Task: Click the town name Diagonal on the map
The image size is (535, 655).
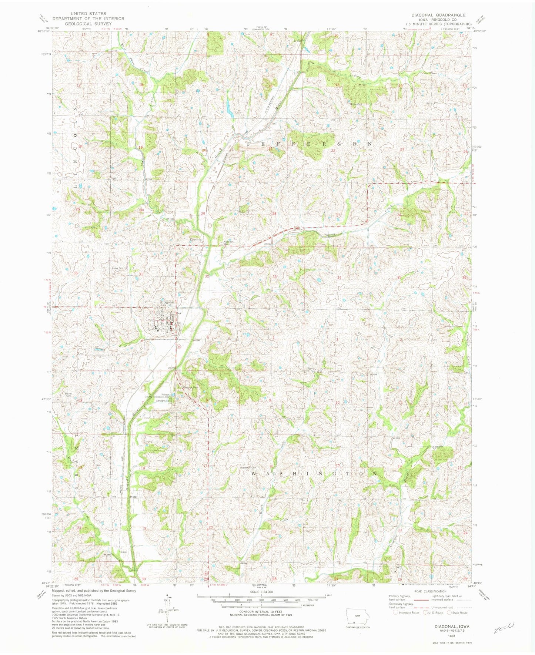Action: click(x=167, y=302)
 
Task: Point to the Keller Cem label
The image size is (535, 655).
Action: click(x=112, y=269)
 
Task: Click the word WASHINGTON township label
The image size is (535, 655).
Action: click(x=315, y=473)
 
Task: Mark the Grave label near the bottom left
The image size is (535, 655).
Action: click(x=124, y=552)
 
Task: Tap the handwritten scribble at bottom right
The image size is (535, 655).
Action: click(x=504, y=627)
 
